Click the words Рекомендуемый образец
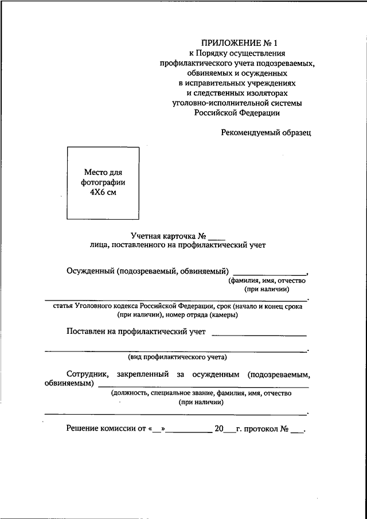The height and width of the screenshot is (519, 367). tap(266, 132)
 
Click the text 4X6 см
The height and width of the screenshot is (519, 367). tap(103, 193)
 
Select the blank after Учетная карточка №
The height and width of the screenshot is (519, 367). tap(217, 235)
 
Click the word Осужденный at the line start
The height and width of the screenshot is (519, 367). tap(89, 271)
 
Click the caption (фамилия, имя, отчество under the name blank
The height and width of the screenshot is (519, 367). tap(267, 281)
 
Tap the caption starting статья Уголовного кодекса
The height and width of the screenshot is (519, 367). tap(177, 306)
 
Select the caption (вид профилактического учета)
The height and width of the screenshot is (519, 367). tap(177, 357)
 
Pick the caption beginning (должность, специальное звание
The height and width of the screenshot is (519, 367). tap(201, 393)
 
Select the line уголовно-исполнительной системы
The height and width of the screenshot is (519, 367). tap(237, 103)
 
